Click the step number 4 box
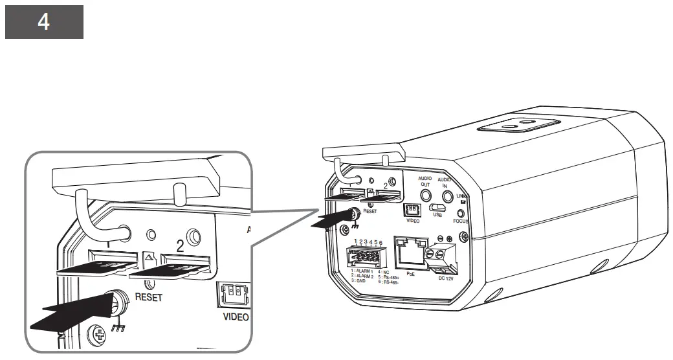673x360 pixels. pyautogui.click(x=44, y=21)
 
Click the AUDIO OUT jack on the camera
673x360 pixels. pyautogui.click(x=426, y=197)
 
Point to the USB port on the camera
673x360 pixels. pyautogui.click(x=437, y=208)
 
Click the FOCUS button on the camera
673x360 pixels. pyautogui.click(x=461, y=212)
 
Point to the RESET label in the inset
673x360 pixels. pyautogui.click(x=148, y=298)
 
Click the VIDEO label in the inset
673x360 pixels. pyautogui.click(x=235, y=317)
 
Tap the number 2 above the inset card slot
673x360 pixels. pyautogui.click(x=180, y=245)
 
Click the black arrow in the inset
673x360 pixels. pyautogui.click(x=71, y=311)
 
